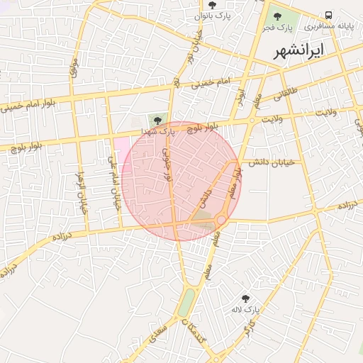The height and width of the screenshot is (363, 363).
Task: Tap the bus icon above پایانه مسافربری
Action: click(x=328, y=15)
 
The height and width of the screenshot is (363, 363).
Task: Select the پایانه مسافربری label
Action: click(x=329, y=26)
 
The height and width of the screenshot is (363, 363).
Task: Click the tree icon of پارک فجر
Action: click(x=277, y=16)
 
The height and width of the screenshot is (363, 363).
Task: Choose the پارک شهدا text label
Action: click(x=158, y=131)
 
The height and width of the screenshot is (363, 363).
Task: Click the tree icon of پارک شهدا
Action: click(x=157, y=119)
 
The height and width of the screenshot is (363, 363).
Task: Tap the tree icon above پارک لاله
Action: click(x=246, y=298)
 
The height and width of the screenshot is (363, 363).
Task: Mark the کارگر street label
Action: click(x=250, y=327)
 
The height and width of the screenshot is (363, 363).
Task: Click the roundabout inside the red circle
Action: click(x=221, y=220)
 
